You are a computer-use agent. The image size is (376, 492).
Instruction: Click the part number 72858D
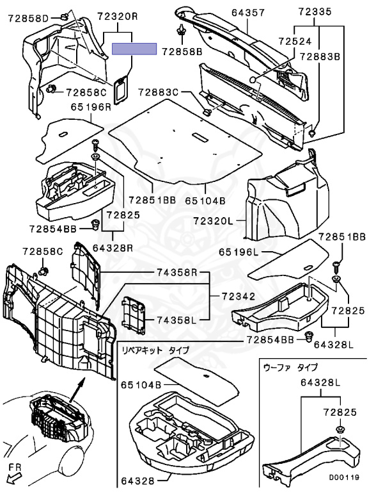28,19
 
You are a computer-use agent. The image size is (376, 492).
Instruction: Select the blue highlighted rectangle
134,49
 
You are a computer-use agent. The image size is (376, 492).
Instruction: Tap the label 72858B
183,51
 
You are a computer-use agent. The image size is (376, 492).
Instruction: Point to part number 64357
248,12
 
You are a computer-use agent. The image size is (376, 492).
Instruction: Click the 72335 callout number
314,12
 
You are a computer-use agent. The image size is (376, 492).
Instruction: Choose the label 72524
295,42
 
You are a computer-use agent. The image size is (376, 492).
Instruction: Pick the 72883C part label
158,92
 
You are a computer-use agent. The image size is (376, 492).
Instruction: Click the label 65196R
91,107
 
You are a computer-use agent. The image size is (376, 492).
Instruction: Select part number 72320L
213,221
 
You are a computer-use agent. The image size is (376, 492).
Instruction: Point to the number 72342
239,296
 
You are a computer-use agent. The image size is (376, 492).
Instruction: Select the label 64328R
113,248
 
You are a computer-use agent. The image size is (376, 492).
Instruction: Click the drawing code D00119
344,477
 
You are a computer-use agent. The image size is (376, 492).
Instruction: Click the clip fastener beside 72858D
63,16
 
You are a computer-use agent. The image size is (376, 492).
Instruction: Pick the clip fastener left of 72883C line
207,111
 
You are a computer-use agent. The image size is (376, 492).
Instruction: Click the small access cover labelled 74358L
134,314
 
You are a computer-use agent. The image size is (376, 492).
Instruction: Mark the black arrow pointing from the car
77,389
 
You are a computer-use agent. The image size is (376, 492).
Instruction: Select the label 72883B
320,56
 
